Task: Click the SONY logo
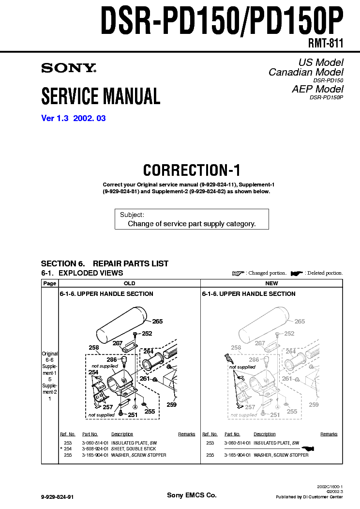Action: pos(69,68)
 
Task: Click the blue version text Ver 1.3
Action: pos(55,118)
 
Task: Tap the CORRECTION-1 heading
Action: pos(192,170)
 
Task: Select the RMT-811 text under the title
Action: pos(325,43)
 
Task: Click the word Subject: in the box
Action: pos(132,215)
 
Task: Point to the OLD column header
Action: pos(129,283)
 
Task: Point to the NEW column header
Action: pos(271,283)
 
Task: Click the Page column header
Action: pos(50,283)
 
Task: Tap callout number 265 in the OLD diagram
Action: pos(157,322)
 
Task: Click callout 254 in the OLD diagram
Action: pos(93,372)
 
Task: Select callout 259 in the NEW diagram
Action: pos(314,405)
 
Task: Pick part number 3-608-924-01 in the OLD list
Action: pos(95,449)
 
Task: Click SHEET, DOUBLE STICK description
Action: pos(134,449)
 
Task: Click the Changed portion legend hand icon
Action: pos(238,273)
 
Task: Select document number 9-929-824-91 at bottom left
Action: pos(58,497)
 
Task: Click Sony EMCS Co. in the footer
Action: pos(192,495)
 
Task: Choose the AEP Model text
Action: pos(317,89)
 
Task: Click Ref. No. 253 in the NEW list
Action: pos(210,443)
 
